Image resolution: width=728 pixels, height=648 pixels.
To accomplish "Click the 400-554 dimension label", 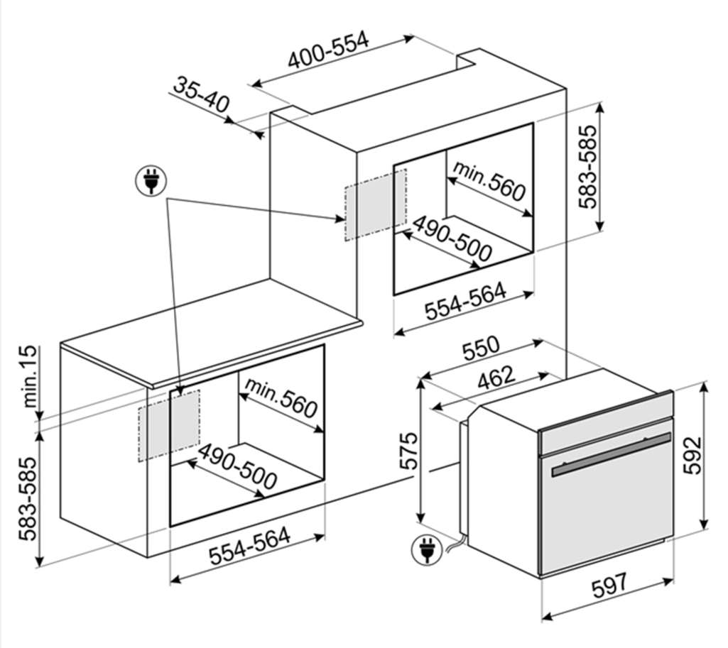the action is pos(328,50).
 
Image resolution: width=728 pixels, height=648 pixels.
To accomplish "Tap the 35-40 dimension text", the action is pos(202,95).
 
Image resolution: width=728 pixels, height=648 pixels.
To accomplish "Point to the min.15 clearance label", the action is pos(29,376).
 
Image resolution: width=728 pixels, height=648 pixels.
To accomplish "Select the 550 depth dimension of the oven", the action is pos(482,348).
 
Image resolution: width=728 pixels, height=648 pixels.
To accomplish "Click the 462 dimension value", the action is pos(496,378).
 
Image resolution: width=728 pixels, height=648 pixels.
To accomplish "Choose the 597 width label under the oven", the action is pos(609,586).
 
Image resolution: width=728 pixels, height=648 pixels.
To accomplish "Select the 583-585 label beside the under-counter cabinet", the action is pos(28,499).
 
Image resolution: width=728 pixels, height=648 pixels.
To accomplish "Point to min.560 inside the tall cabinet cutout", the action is pos(489,181).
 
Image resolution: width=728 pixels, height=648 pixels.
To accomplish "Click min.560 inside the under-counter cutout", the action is pos(281,397).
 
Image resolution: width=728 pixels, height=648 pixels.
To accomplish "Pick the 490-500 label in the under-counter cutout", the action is pos(237,466).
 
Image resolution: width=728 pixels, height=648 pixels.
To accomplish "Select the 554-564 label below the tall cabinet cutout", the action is pos(466,302).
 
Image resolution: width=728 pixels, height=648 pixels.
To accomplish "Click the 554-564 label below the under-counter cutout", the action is pos(250,546).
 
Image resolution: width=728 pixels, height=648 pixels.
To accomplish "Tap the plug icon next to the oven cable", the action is pos(427,549).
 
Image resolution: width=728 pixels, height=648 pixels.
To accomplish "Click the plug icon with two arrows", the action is pos(151,180).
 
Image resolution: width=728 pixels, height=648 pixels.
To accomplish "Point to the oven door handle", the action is pos(612,455).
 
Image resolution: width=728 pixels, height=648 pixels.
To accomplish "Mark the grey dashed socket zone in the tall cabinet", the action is pos(376,205).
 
